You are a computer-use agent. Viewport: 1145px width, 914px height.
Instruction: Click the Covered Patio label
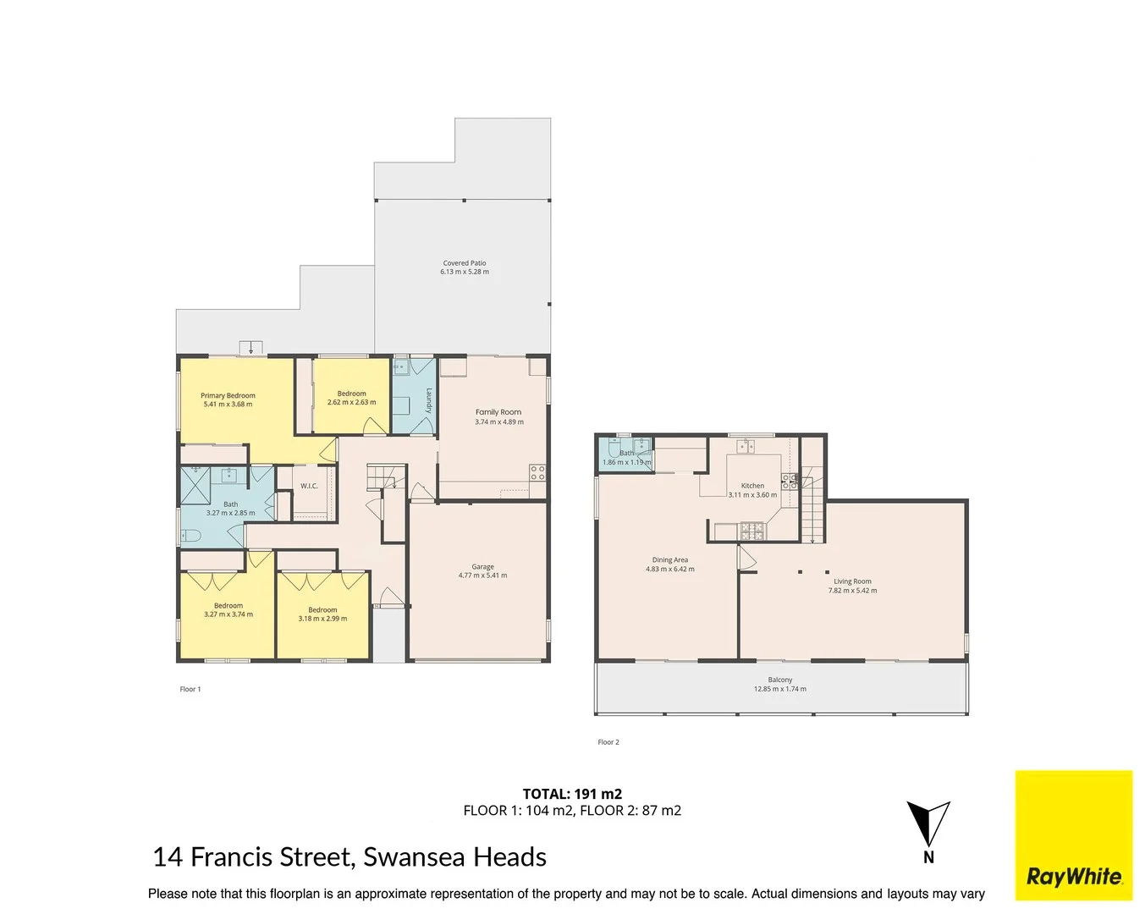coord(465,263)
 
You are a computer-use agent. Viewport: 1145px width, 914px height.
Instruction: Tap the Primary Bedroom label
coord(228,395)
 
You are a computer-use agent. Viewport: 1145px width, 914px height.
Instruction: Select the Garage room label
coord(482,567)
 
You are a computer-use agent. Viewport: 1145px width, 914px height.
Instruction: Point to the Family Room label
coord(498,412)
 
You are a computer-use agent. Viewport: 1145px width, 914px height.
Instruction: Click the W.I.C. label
coord(309,486)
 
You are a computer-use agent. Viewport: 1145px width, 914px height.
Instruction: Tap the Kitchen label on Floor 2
coord(752,486)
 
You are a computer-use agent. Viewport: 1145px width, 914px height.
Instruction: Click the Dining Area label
coord(669,560)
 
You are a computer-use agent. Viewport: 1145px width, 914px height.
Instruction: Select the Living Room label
coord(852,581)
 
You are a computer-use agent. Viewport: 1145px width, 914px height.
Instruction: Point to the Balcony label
coord(780,680)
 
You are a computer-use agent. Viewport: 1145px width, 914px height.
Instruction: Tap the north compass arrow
coord(928,824)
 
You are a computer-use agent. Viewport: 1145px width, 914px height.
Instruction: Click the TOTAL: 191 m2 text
coord(572,794)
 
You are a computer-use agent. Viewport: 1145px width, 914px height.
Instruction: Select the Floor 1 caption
coord(190,690)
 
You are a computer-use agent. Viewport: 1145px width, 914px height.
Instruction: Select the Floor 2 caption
coord(608,742)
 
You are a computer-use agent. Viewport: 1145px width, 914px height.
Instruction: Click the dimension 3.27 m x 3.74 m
coord(228,614)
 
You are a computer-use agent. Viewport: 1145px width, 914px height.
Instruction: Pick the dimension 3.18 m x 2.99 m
coord(322,619)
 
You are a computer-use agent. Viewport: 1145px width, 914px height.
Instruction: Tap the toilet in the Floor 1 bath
coord(190,535)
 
